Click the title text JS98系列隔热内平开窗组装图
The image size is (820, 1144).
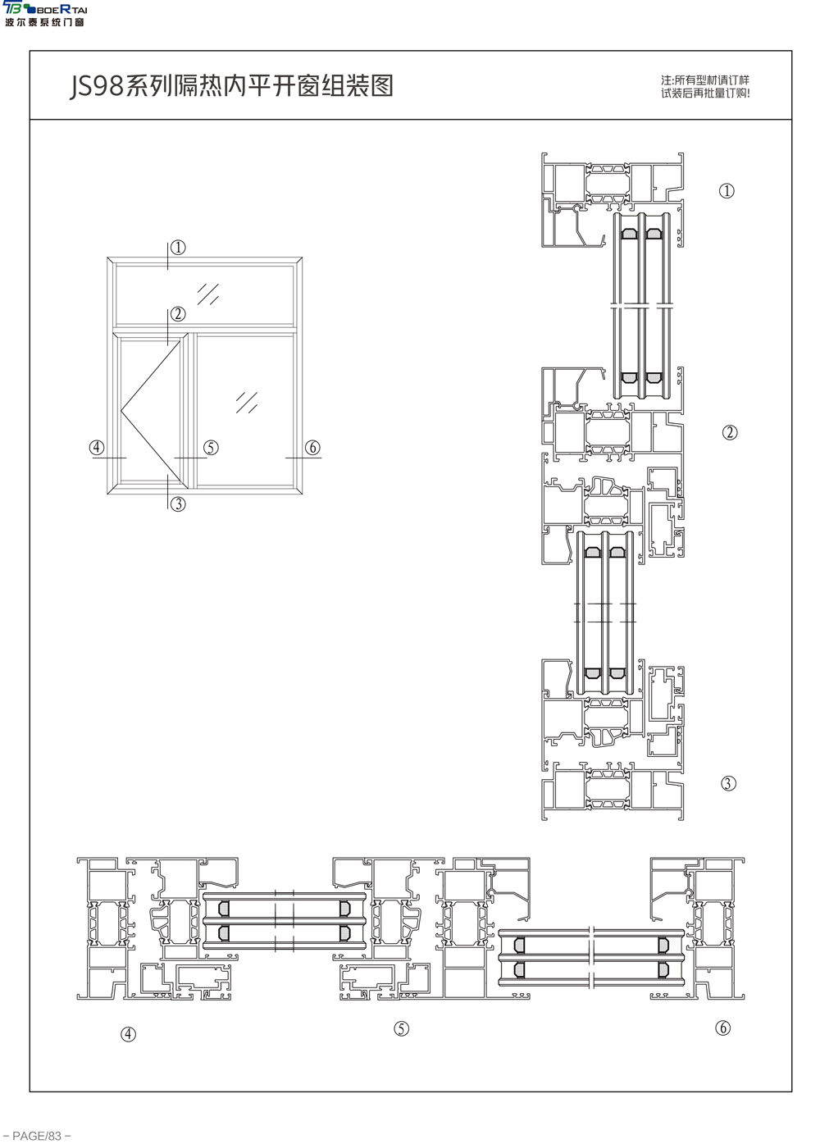coord(231,85)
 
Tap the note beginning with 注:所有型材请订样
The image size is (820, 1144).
coord(705,86)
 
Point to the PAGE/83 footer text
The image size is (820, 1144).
coord(36,1136)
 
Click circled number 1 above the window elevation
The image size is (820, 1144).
coord(178,248)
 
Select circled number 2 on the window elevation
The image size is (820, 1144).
coord(178,313)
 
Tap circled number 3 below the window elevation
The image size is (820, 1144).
coord(178,504)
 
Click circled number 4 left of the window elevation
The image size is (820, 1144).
coord(97,448)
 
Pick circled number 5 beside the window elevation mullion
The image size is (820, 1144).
coord(211,448)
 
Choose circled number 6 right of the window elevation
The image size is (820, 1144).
coord(312,448)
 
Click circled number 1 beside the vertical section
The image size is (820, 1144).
coord(727,191)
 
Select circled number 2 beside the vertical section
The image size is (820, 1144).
coord(730,432)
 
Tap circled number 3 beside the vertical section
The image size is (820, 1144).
coord(729,783)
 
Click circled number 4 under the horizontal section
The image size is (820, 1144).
coord(128,1034)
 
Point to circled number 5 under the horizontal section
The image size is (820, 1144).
coord(401,1028)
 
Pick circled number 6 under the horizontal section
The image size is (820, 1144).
coord(722,1028)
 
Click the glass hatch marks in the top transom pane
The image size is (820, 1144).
coord(208,294)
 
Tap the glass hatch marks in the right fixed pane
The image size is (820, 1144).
coord(247,403)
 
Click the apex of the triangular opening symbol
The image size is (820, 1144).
coord(121,411)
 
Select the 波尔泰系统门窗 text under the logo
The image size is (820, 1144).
coord(44,22)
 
